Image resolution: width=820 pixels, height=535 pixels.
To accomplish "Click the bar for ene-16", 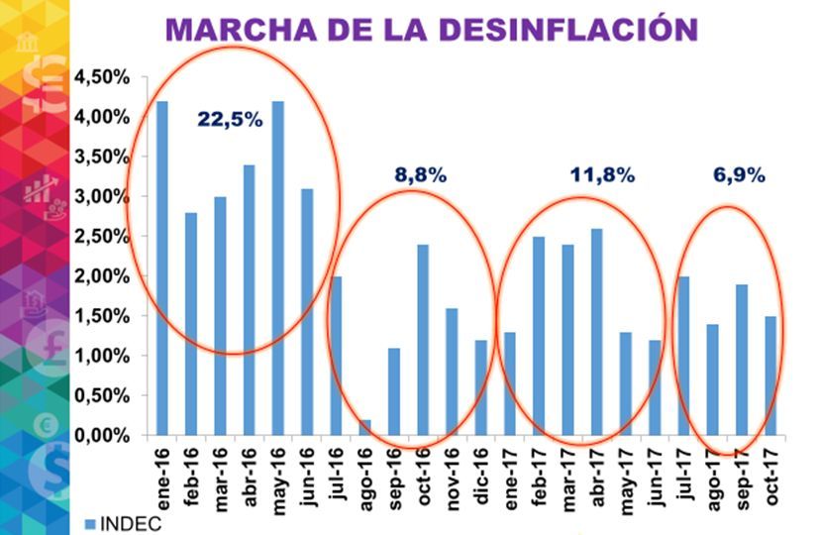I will click(x=161, y=267).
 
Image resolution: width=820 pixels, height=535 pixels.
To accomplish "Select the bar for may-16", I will click(x=278, y=267).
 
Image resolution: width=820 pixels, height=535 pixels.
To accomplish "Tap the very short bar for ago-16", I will click(x=365, y=427).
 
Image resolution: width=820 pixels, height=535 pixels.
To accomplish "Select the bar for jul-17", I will click(x=684, y=356).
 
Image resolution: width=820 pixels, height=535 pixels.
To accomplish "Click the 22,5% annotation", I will click(x=230, y=120).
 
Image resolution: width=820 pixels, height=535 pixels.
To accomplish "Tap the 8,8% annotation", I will click(x=421, y=174).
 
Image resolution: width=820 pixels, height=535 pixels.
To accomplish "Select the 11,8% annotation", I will click(x=602, y=175).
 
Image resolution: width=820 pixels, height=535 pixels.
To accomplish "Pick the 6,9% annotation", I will click(x=739, y=175).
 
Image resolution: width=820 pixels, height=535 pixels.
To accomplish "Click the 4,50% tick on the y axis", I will click(x=102, y=77).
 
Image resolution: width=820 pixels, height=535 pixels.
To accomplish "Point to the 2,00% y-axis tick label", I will click(x=102, y=276).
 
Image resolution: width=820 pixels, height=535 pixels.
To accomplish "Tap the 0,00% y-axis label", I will click(x=102, y=436).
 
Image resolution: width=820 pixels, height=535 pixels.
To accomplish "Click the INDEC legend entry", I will click(x=118, y=523).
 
